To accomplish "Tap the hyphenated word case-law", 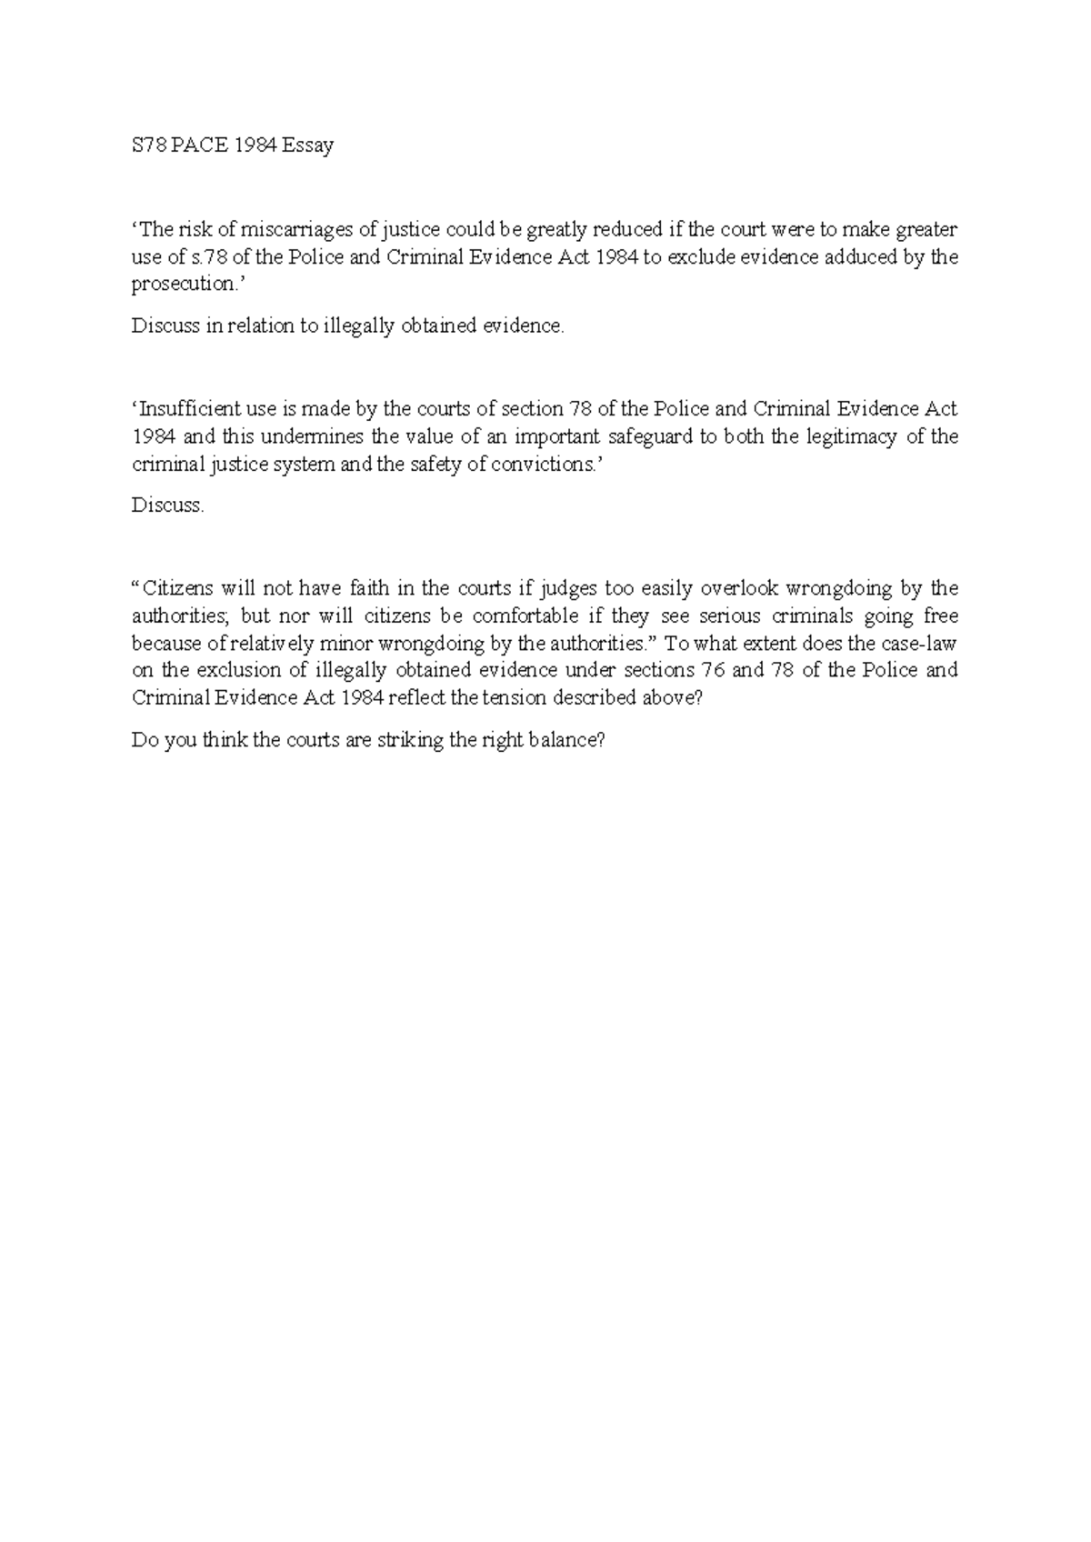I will coord(919,643).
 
